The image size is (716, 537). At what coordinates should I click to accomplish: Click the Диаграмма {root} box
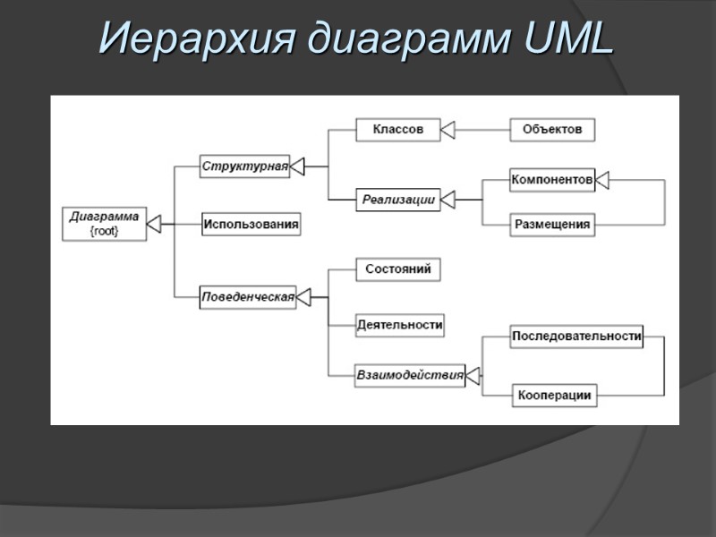(104, 223)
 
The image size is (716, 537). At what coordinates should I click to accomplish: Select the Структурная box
(244, 166)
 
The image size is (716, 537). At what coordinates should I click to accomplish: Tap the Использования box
(250, 224)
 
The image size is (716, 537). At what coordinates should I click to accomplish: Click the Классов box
(398, 130)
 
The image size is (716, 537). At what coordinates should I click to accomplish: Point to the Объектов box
(552, 130)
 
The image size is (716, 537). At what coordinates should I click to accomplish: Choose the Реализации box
(398, 200)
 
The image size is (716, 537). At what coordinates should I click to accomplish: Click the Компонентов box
(551, 181)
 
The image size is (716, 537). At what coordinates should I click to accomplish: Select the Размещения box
(552, 225)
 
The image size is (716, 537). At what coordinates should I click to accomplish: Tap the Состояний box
(398, 268)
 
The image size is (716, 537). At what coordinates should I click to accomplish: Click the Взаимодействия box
(410, 375)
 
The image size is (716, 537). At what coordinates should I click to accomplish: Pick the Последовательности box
(576, 337)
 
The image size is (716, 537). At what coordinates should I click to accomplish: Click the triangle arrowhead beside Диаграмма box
(154, 223)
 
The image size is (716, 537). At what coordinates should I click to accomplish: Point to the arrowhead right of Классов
(448, 130)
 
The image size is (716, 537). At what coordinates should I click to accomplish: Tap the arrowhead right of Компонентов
(602, 181)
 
